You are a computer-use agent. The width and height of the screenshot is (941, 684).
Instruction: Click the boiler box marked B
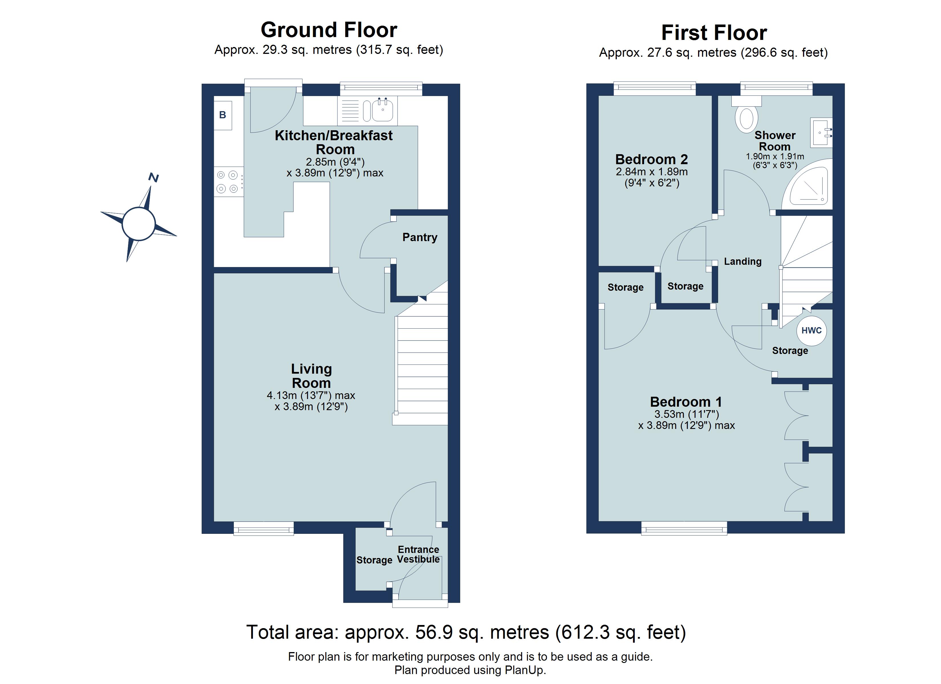pos(223,115)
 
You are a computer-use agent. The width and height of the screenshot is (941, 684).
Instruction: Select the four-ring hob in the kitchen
pos(228,182)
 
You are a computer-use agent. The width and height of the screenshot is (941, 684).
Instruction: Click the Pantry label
pos(419,237)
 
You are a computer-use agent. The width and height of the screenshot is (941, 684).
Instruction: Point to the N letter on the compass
pos(153,178)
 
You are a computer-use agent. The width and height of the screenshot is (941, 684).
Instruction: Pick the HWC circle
pos(811,331)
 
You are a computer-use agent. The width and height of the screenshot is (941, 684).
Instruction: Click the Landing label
pos(743,261)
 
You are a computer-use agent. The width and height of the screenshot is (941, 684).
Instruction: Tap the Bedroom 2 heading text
pos(651,159)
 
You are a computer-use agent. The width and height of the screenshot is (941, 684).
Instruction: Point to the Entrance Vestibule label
pos(418,554)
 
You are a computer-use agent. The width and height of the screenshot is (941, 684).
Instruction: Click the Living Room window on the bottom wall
pos(263,528)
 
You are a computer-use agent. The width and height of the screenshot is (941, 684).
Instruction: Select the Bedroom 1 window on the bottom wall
pos(684,528)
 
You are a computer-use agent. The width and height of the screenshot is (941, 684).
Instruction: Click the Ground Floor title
pos(328,30)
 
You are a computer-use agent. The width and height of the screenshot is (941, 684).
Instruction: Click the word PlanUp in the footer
pos(524,670)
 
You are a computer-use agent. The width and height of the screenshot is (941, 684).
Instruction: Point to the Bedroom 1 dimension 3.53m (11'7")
pos(686,414)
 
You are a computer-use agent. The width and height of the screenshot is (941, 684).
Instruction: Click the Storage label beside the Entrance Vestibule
pos(374,560)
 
